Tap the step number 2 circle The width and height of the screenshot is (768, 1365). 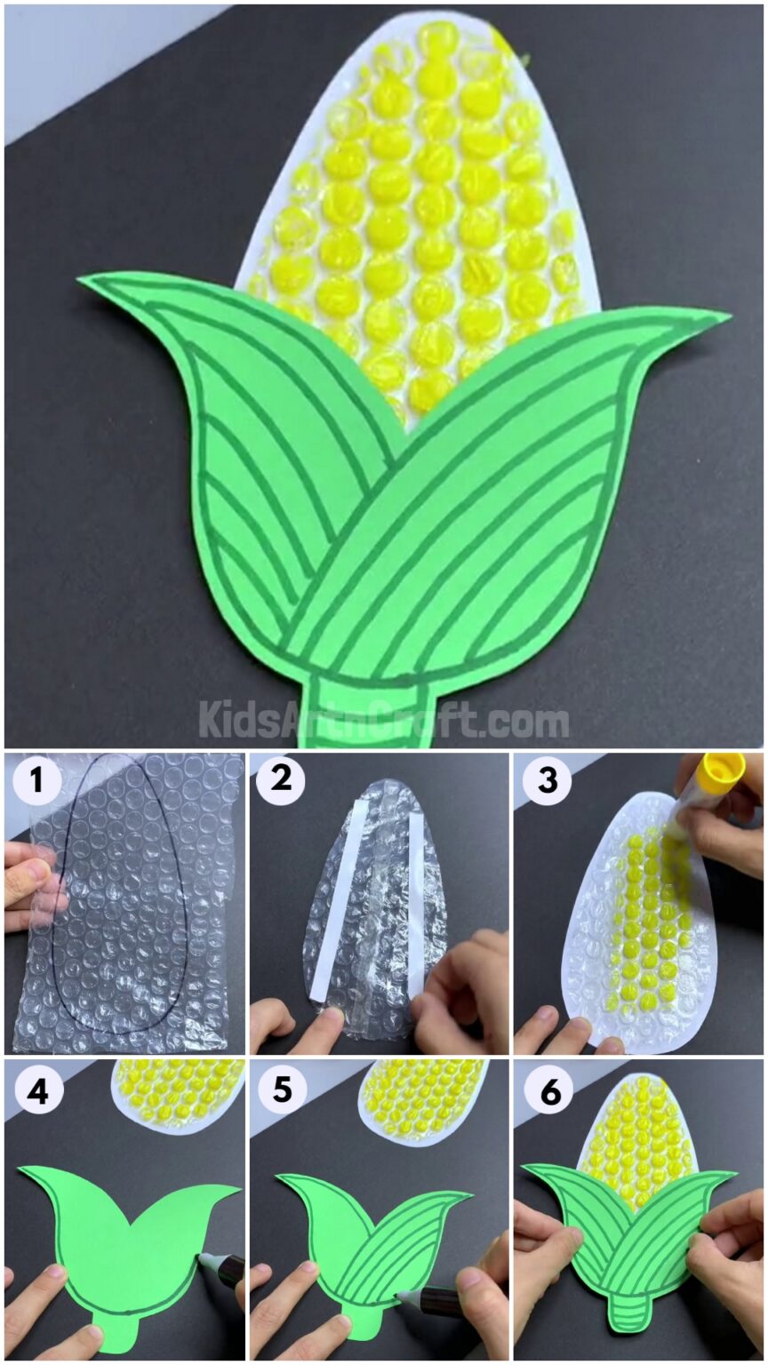point(281,781)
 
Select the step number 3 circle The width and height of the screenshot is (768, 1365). point(547,781)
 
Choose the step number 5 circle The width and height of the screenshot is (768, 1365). point(281,1090)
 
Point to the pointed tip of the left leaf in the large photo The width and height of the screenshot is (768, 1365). point(83,282)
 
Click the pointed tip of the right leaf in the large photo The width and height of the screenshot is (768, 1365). point(726,315)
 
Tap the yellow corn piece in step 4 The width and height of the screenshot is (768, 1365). point(182,1090)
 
